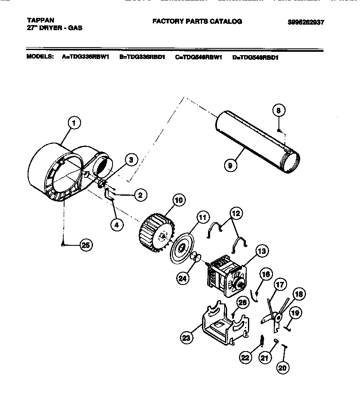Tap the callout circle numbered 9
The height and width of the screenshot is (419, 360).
point(230,166)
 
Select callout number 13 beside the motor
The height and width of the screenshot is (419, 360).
point(262,251)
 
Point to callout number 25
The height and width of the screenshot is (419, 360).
point(86,245)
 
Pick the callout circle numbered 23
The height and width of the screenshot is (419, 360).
point(185,338)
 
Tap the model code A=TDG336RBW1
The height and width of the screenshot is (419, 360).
point(85,56)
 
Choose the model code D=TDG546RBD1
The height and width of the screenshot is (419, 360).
point(255,57)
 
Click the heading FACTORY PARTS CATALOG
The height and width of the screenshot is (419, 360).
point(197,21)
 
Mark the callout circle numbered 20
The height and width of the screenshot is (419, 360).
point(282,368)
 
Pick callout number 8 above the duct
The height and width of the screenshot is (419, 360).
point(278,110)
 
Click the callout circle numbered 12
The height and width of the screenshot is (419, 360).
point(236,214)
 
